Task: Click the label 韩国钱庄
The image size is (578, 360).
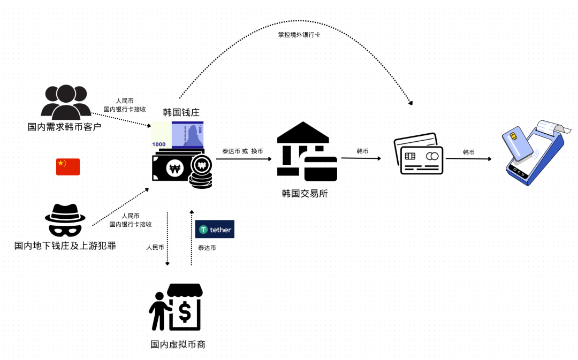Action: [x=181, y=112]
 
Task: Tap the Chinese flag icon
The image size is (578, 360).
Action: [x=68, y=167]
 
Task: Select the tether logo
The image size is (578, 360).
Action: [x=215, y=229]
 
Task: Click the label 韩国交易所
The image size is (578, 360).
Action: [x=305, y=194]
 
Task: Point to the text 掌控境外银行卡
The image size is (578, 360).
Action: [x=299, y=35]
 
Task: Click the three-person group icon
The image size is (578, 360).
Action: [x=66, y=102]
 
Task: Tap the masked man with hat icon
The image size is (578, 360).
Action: [x=65, y=220]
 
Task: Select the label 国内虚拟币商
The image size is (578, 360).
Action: [x=178, y=344]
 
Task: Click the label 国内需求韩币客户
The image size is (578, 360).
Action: [x=64, y=127]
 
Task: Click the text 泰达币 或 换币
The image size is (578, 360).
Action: [x=242, y=151]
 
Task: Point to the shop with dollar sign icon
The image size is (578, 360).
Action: [x=177, y=308]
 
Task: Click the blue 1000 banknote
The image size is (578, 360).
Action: [x=187, y=135]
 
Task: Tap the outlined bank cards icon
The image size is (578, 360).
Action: [x=418, y=154]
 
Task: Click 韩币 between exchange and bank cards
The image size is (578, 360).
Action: [x=362, y=151]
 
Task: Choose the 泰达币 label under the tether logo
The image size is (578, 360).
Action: [x=207, y=248]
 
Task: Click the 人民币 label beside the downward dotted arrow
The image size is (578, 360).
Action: [x=155, y=248]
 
